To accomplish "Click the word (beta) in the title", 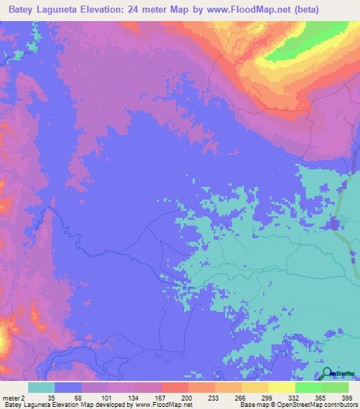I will tap(283, 10).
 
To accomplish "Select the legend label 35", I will tap(51, 397).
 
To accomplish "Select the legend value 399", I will tap(345, 397).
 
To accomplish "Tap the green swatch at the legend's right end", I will tap(335, 387).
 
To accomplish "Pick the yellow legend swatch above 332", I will tap(282, 387).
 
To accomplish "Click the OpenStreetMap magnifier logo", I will tap(328, 374).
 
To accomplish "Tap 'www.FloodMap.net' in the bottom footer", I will tap(154, 405).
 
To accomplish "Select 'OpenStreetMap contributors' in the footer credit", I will tap(317, 405).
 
